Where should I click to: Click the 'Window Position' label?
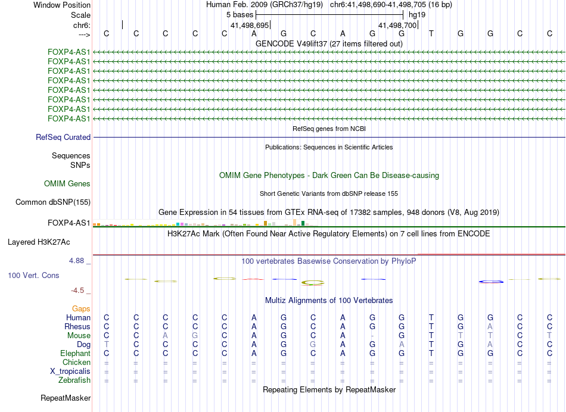(x=62, y=5)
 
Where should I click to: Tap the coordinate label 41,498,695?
(x=250, y=25)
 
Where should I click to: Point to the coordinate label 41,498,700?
(x=397, y=25)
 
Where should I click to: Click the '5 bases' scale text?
(x=240, y=15)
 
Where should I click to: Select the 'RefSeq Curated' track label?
(x=63, y=138)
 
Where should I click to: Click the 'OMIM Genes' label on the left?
(x=67, y=184)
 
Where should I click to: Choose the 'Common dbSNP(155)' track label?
(x=52, y=202)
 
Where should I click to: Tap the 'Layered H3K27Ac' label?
(x=39, y=242)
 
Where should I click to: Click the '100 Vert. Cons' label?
(x=33, y=276)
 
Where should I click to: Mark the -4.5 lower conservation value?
(x=80, y=291)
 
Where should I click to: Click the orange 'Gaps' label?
(x=82, y=309)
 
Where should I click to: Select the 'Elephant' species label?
(x=76, y=354)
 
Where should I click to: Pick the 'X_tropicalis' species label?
(x=71, y=372)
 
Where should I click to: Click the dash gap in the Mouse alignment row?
(x=372, y=336)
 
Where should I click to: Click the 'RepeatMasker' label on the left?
(x=66, y=398)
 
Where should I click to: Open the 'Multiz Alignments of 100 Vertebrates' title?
(x=329, y=300)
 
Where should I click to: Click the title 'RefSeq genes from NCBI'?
(x=329, y=129)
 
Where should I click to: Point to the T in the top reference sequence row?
(x=431, y=33)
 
